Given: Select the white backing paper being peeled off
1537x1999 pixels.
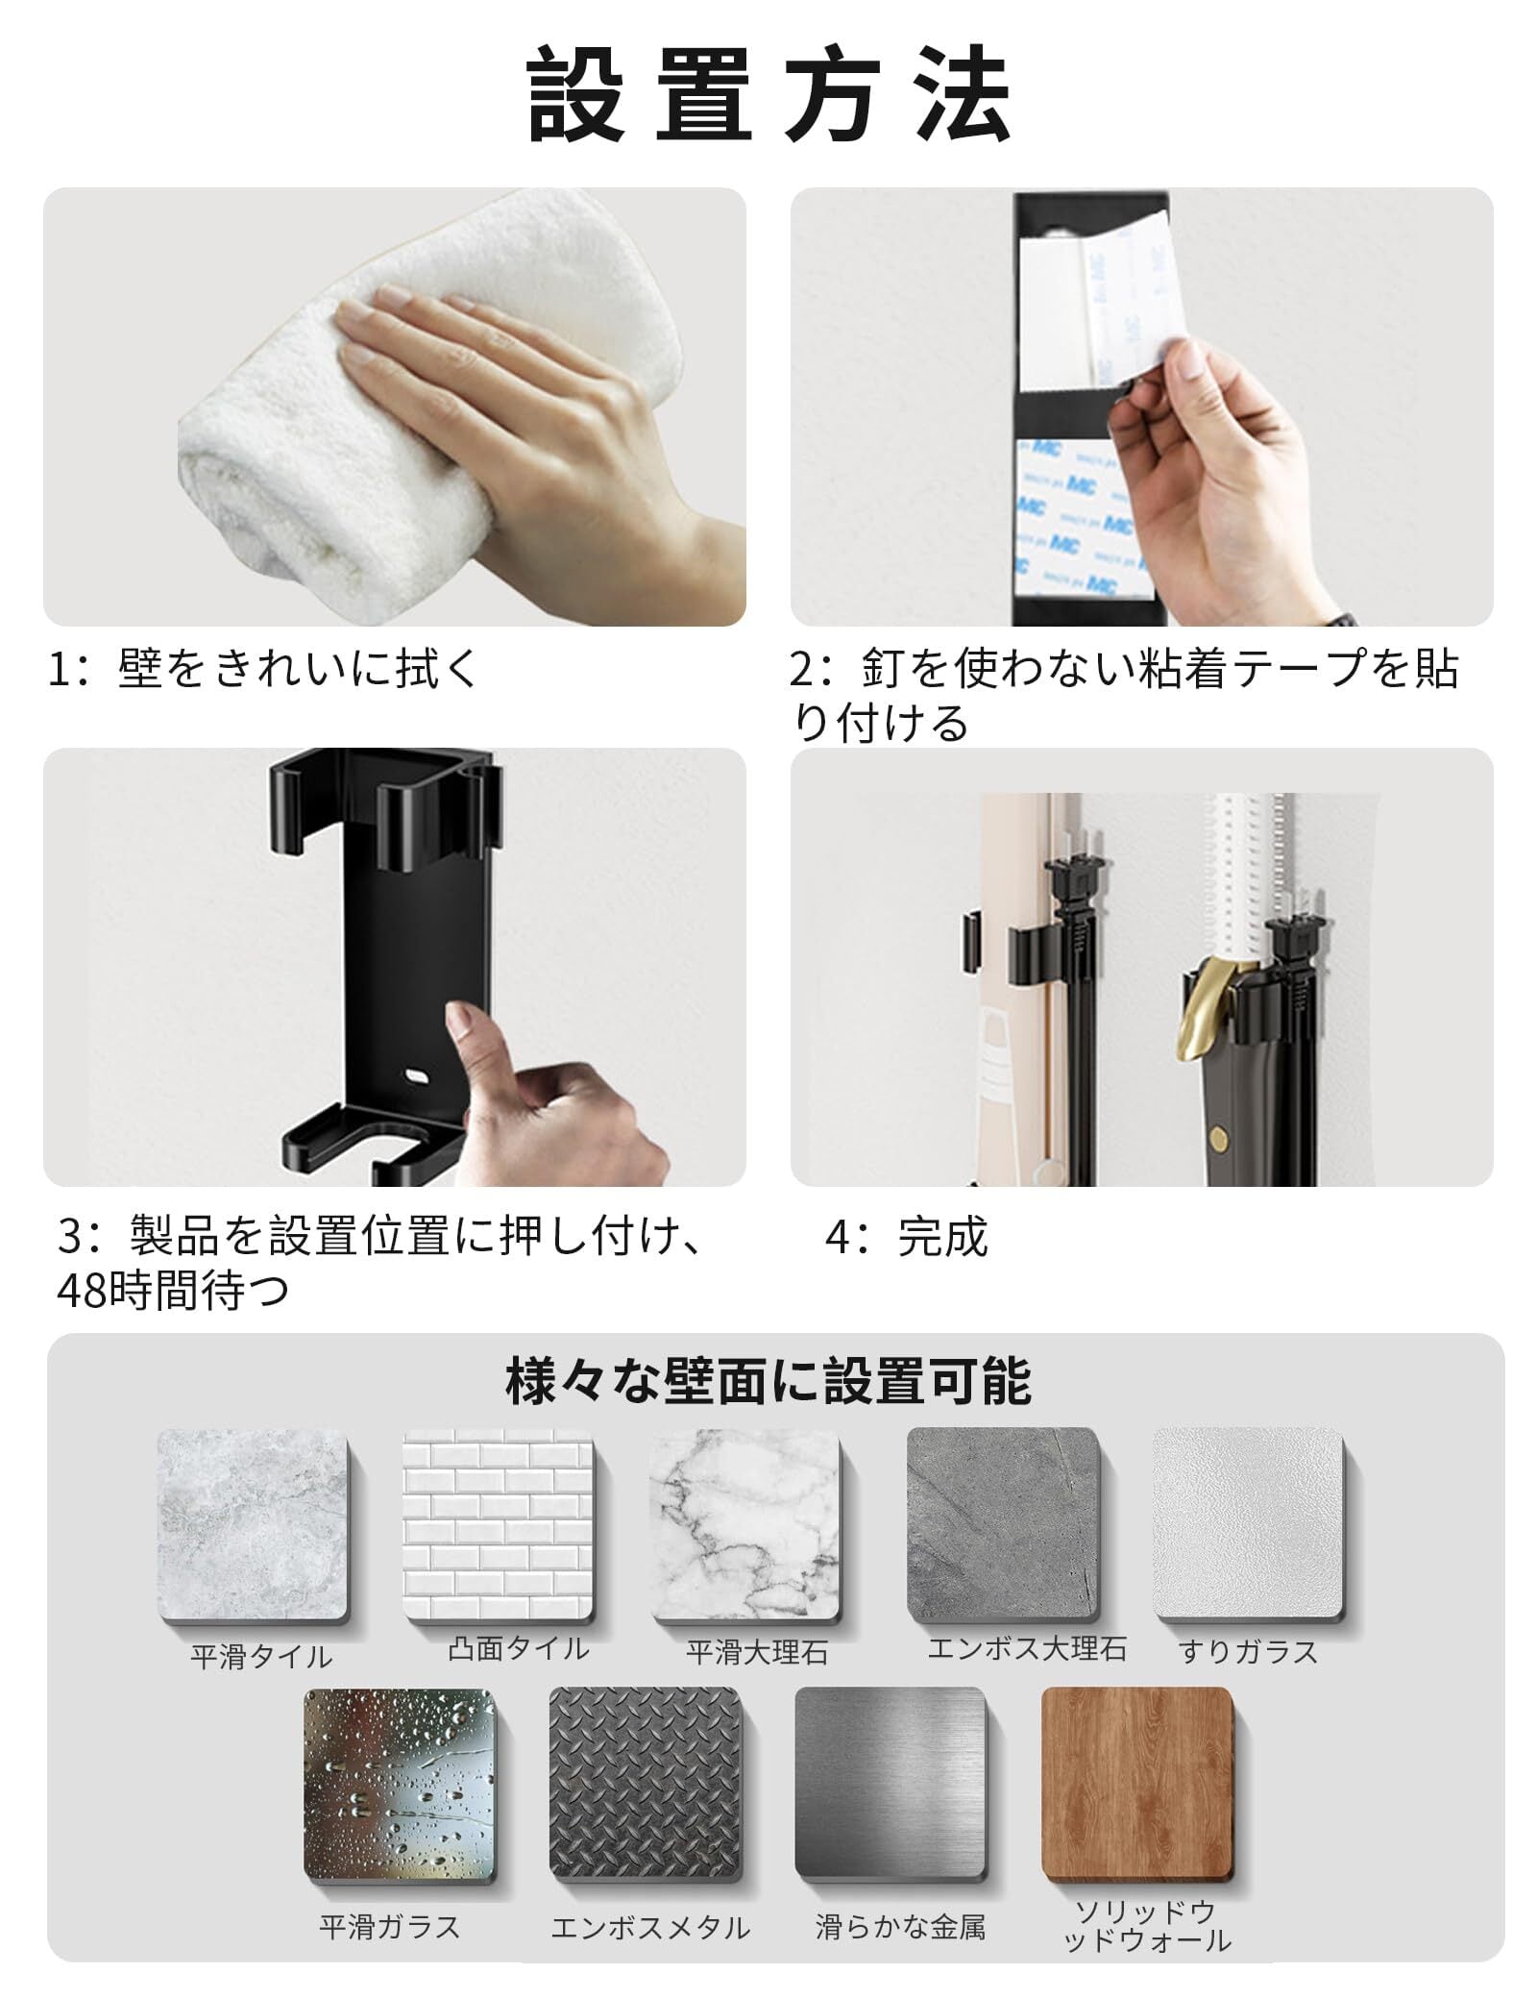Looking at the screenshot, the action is pyautogui.click(x=1105, y=298).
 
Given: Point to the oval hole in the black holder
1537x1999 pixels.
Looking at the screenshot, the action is pyautogui.click(x=416, y=1074).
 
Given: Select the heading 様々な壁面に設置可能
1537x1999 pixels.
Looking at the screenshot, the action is pyautogui.click(x=768, y=1381).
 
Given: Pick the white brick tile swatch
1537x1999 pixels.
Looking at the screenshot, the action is pyautogui.click(x=500, y=1525).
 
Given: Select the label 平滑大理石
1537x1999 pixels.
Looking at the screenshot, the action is pyautogui.click(x=757, y=1653).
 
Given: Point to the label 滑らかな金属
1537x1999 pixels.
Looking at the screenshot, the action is pyautogui.click(x=900, y=1927).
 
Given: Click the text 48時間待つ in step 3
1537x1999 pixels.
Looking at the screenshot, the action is pyautogui.click(x=173, y=1291).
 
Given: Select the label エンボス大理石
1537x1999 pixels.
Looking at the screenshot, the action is pyautogui.click(x=1026, y=1649).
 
